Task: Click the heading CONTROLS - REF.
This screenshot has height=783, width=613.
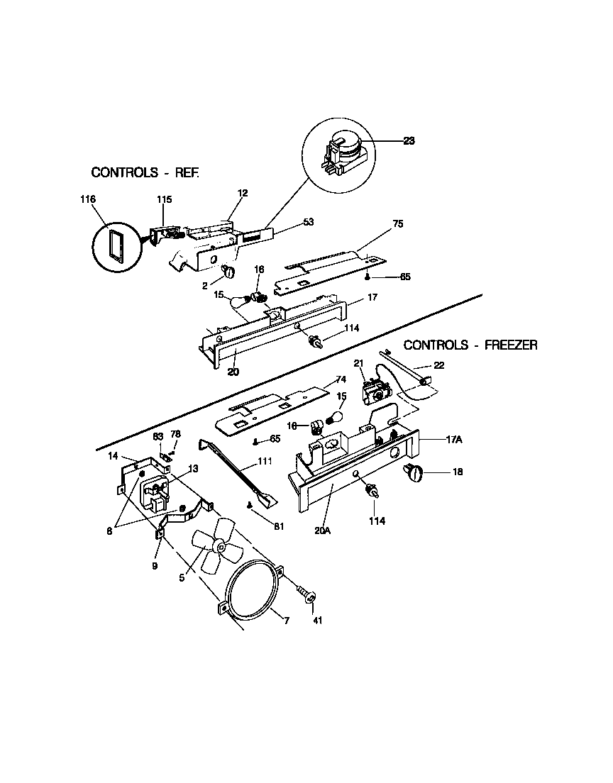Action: point(145,172)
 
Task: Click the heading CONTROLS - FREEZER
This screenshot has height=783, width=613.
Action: point(470,345)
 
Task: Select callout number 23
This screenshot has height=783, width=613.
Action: point(409,140)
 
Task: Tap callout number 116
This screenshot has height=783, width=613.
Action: point(88,201)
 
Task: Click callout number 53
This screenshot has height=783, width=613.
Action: point(308,222)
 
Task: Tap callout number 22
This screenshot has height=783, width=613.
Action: point(439,365)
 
